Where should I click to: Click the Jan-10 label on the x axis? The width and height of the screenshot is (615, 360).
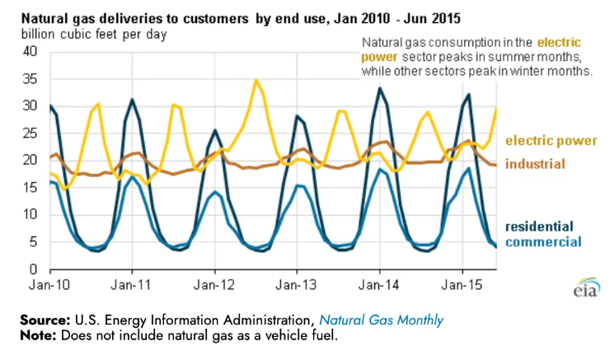point(50,285)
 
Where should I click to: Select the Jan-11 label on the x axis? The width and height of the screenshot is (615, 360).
point(132,285)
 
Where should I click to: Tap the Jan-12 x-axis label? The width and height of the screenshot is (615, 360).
point(214,285)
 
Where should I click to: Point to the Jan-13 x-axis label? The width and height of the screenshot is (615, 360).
point(297,285)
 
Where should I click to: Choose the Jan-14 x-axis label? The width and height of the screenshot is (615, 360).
point(379,285)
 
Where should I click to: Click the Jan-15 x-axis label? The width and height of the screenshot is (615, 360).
point(462,285)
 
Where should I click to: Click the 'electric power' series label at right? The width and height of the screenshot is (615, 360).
point(551,141)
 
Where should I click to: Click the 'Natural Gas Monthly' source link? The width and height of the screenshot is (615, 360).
point(380,320)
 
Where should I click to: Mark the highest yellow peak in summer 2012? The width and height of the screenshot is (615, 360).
point(256,80)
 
